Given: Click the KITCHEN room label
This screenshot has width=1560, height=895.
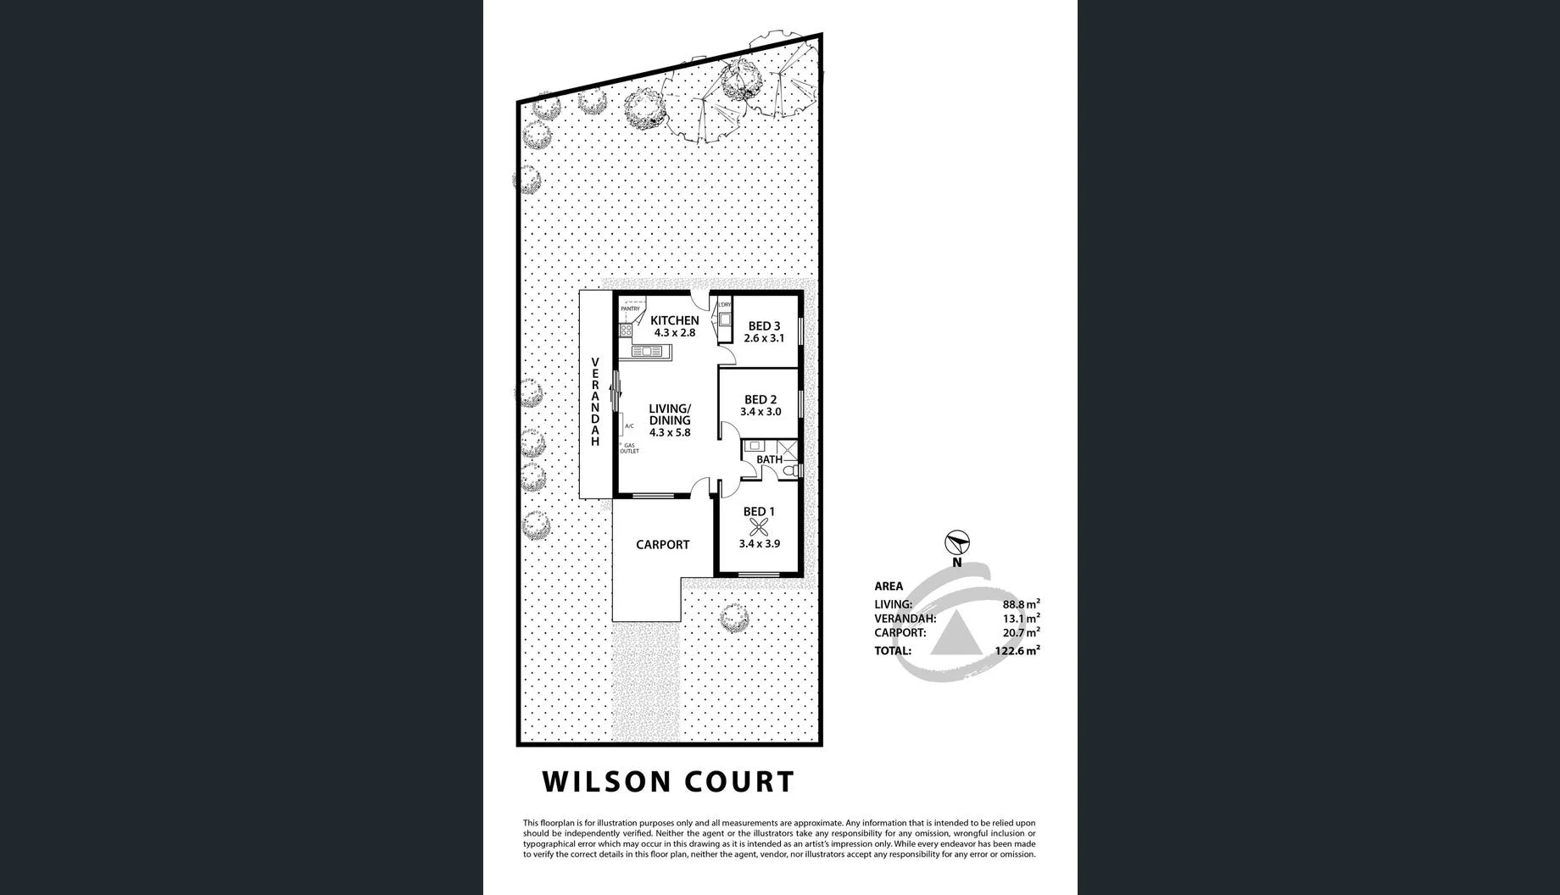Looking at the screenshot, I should click(x=674, y=320).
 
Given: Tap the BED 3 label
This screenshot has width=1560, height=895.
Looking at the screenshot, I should click(x=764, y=326).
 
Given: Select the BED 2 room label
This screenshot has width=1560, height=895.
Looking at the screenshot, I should click(x=760, y=400).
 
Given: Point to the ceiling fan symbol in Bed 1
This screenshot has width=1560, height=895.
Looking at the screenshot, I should click(x=758, y=527).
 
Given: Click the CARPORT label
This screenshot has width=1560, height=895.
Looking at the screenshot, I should click(x=662, y=545).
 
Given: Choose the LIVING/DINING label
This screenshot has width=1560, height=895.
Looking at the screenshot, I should click(x=670, y=414).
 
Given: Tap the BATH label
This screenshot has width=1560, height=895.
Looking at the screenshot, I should click(x=769, y=459).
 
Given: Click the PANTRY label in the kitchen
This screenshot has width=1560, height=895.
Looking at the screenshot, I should click(x=630, y=309).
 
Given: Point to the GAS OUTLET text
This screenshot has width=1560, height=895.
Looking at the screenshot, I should click(x=629, y=448).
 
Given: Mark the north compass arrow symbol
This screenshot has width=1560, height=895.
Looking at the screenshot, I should click(x=957, y=542).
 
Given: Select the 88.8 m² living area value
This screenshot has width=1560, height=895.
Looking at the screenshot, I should click(x=1021, y=604).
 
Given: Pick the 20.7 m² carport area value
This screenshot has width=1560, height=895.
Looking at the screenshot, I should click(x=1021, y=632).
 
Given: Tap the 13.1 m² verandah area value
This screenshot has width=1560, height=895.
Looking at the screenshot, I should click(x=1021, y=619).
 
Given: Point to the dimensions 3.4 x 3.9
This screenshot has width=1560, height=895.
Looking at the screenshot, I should click(x=759, y=544).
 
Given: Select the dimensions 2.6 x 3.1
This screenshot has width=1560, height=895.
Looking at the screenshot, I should click(x=764, y=338).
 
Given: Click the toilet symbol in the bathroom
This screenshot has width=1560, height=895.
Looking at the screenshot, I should click(x=789, y=470).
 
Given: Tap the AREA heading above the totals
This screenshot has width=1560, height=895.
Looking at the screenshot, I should click(x=889, y=586).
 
